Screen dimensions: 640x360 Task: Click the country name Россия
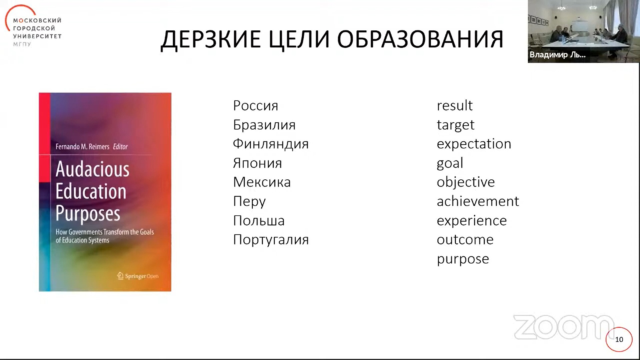pos(255,106)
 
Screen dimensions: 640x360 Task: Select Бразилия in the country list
pos(264,125)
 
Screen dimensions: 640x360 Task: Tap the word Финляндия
pos(271,144)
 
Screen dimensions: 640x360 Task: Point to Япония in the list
pos(257,163)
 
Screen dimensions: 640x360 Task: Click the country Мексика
pos(262,182)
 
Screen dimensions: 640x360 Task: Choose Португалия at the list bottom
pos(271,240)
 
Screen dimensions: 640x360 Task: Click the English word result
pos(455,106)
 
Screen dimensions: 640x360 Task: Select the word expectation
pos(474,144)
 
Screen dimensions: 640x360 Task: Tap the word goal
pos(450,163)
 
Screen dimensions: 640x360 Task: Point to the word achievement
pos(478,201)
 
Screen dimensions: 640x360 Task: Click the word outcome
pos(465,240)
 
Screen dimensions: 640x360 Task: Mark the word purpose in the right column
pos(463,259)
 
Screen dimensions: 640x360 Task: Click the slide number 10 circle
pos(619,339)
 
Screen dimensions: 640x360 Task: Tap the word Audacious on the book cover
pos(92,169)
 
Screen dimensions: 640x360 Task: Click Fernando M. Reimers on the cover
pos(82,147)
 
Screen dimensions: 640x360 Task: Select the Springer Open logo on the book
pos(138,276)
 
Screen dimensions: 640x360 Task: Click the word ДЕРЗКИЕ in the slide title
pos(211,40)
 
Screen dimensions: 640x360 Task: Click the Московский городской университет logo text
pos(37,28)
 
